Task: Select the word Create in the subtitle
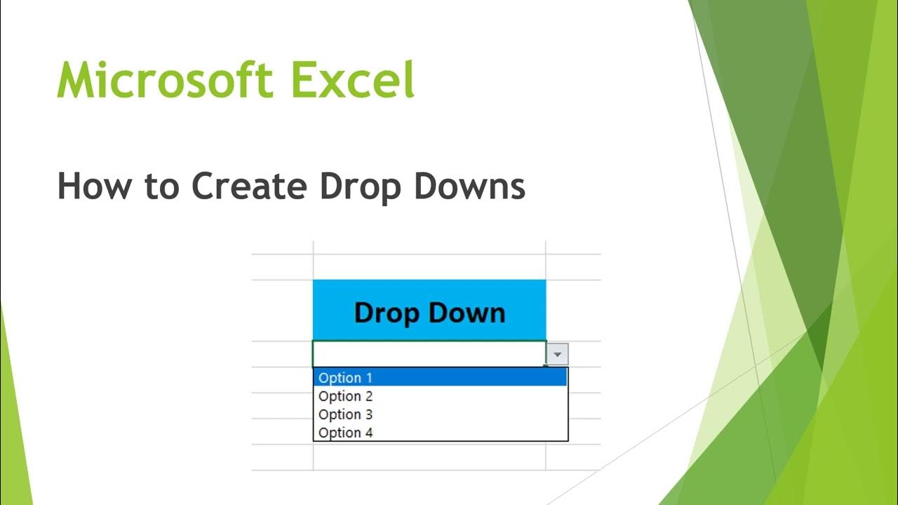coord(250,187)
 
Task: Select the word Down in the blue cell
coord(469,312)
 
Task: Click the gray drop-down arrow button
coord(558,355)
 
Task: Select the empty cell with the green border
coord(429,353)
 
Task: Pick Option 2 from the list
coord(345,396)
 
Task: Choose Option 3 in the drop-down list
coord(345,415)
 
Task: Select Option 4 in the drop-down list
coord(345,433)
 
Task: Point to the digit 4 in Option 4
coord(368,433)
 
